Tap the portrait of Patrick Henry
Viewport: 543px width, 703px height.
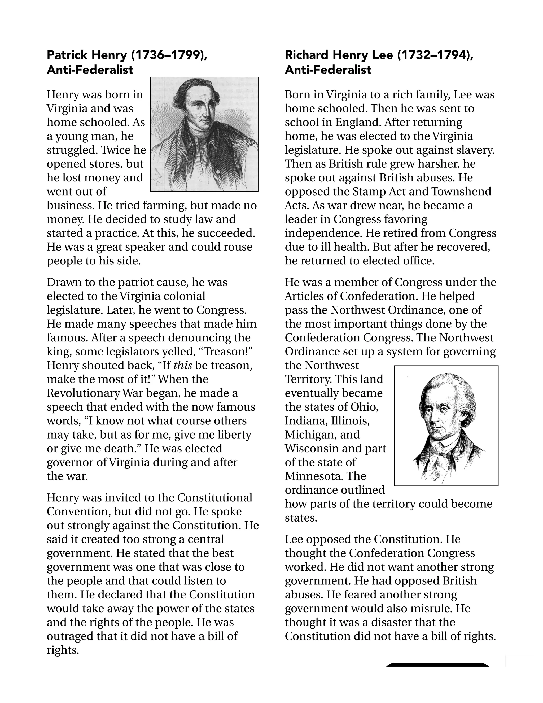(204, 134)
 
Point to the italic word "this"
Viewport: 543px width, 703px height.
(183, 366)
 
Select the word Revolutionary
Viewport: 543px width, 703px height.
(84, 393)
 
